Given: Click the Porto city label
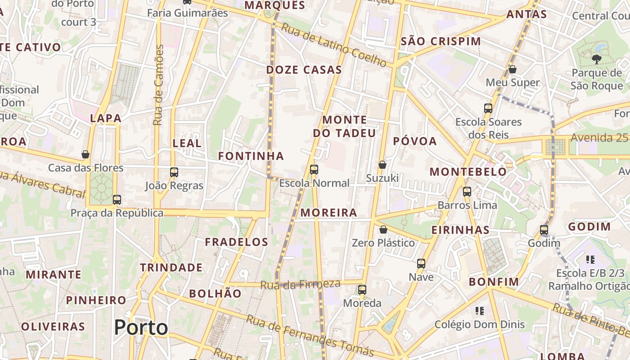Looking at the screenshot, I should tap(141, 327).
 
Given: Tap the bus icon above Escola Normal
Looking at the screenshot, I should tap(314, 170).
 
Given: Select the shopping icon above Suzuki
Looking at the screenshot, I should tap(382, 165).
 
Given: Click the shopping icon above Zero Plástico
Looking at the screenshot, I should tap(383, 229).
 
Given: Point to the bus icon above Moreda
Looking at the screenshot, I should tap(362, 290).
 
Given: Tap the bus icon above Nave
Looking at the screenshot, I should tap(421, 264).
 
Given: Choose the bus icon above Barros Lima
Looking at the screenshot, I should tap(467, 192).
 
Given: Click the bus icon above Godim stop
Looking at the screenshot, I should tap(544, 230).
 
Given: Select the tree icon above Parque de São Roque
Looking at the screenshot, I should tap(596, 58).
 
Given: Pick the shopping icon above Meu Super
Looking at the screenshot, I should tap(512, 69).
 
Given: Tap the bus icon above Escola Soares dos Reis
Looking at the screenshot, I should tap(488, 108).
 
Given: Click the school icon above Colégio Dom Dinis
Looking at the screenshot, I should tap(479, 311).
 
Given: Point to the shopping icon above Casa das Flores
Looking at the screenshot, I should tap(85, 154).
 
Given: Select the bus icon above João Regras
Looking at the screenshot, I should tap(174, 172).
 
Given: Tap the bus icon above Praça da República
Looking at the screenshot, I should tap(117, 199).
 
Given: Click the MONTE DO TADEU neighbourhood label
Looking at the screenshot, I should tap(344, 126).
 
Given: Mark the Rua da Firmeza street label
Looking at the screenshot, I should tap(300, 284).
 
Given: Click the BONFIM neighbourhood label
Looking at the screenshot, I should tap(494, 282).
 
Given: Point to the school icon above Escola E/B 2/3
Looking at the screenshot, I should tap(590, 260).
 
